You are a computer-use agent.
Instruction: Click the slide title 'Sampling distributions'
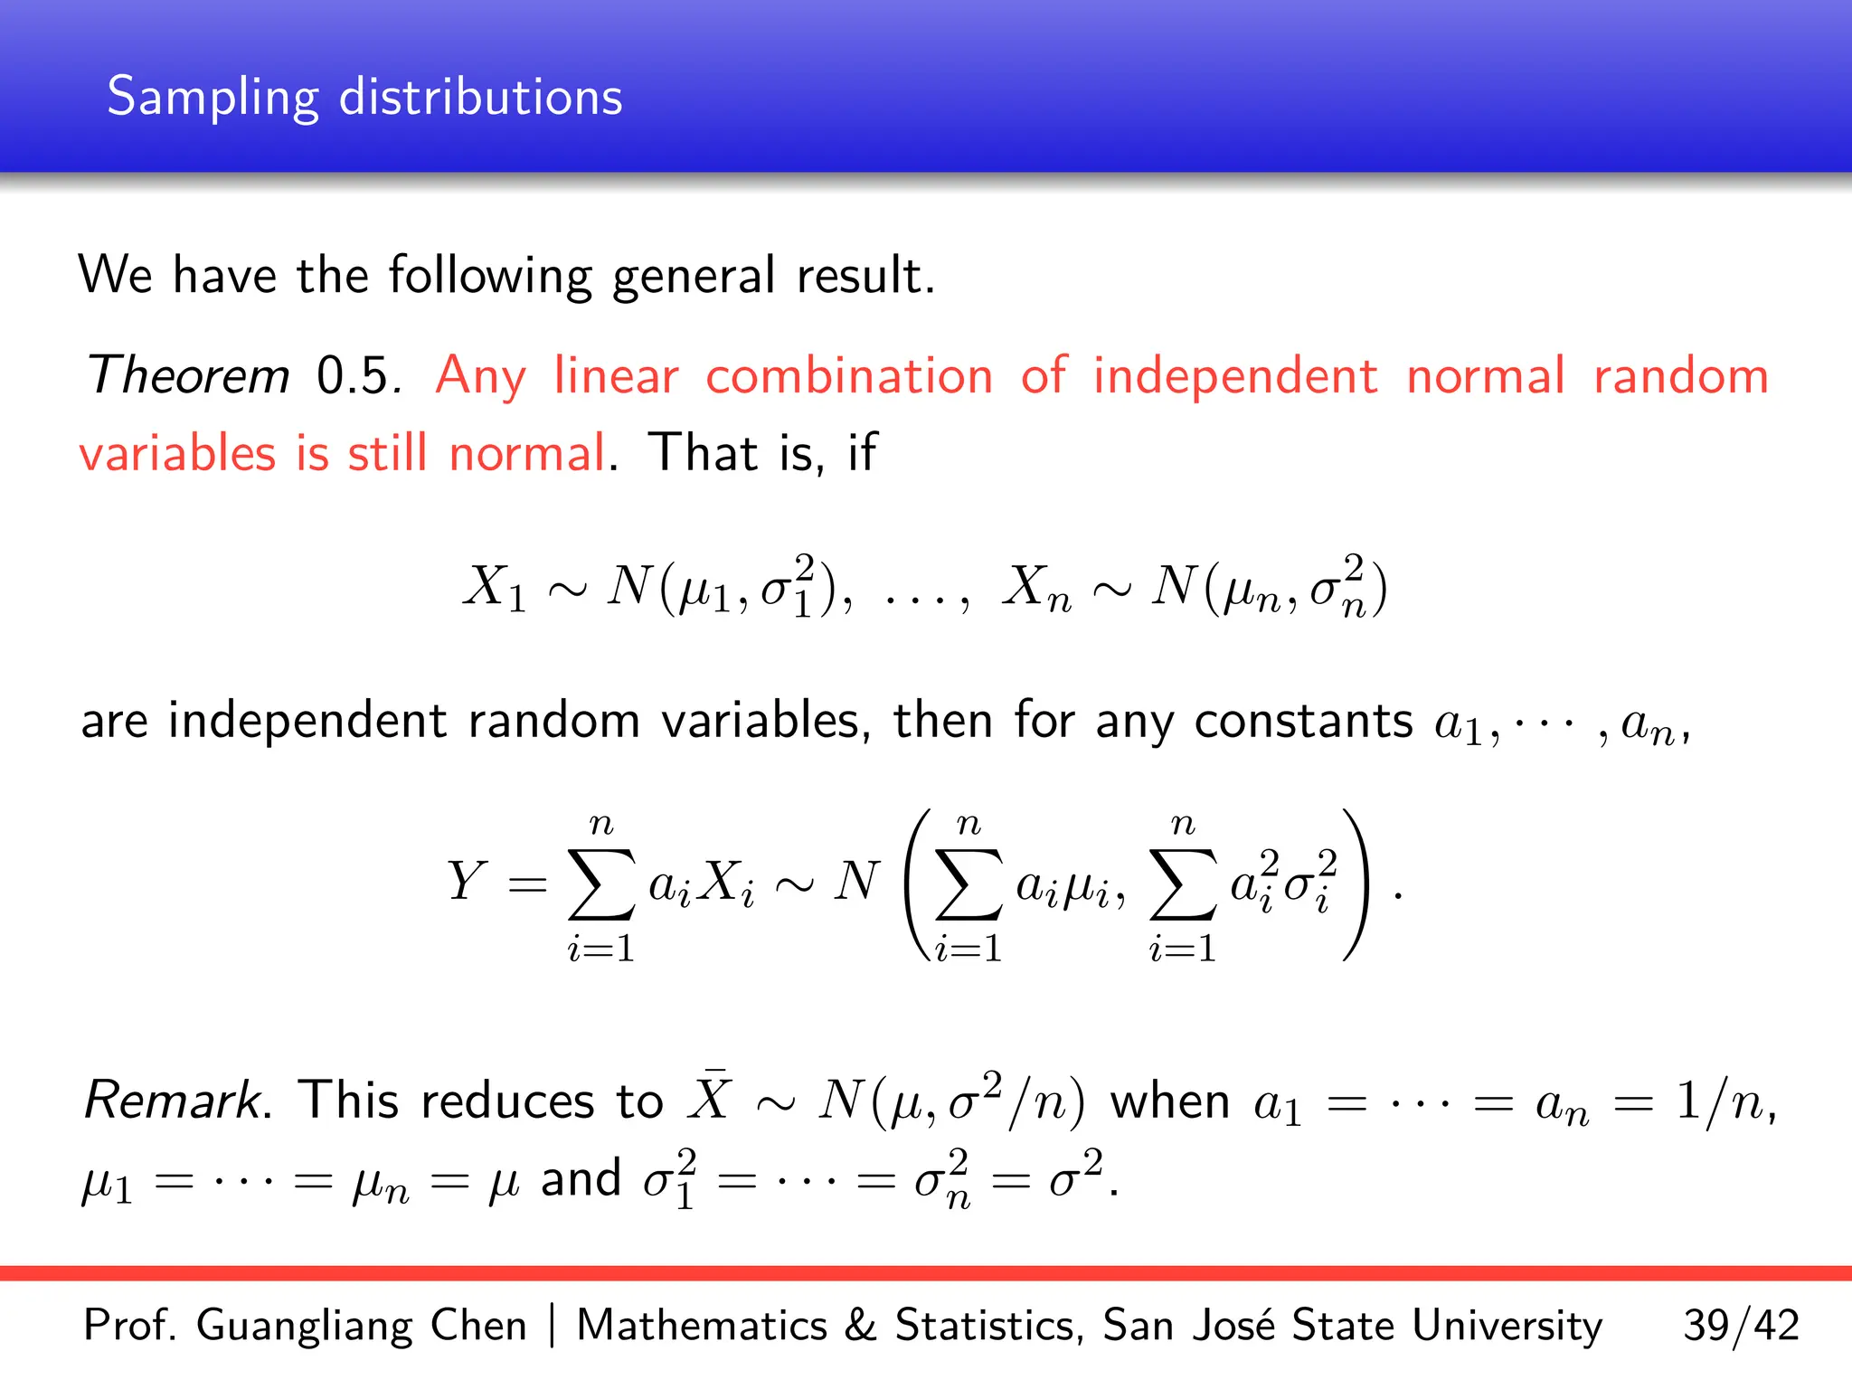364,97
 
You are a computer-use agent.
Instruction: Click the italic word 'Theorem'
188,375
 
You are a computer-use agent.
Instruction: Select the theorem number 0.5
354,375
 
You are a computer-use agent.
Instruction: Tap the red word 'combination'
849,375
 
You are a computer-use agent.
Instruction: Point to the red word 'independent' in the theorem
1235,375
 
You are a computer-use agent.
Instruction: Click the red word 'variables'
177,453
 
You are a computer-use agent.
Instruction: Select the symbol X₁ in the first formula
494,588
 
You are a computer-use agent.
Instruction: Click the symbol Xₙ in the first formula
1036,588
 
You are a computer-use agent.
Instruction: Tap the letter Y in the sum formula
467,881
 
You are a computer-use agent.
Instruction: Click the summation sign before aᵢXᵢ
600,884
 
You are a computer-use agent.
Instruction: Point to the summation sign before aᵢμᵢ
969,884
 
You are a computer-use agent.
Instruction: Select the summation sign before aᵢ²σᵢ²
1182,884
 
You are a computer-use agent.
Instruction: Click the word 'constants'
1303,722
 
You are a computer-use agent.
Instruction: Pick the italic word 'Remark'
173,1101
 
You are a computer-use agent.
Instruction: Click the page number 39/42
1741,1326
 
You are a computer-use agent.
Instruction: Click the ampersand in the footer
860,1326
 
